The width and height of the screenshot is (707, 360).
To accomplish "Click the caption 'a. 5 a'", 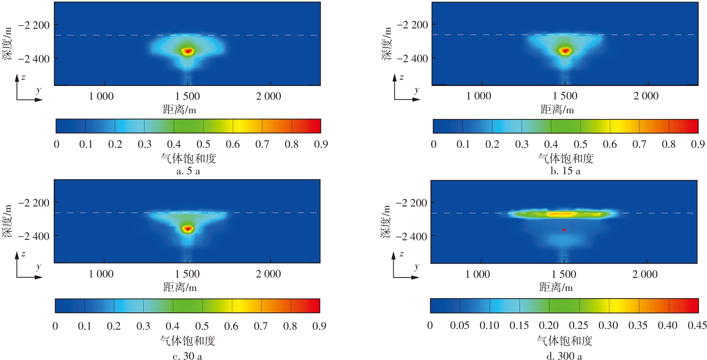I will point(188,171).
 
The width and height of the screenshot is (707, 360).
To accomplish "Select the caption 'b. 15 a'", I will point(565,171).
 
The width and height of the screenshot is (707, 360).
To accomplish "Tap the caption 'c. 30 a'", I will point(187,356).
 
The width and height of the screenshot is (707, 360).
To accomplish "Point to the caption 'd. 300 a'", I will point(564,356).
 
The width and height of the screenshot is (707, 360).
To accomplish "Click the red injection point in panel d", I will point(564,230).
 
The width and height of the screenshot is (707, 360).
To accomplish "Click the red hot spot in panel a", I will point(188,51).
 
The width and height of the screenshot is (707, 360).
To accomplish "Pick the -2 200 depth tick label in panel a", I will point(34,25).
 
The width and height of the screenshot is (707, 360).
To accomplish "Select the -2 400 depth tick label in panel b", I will point(412,59).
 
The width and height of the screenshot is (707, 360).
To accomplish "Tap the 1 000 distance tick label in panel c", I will point(101,274).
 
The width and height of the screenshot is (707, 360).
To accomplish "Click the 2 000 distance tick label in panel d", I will point(645,274).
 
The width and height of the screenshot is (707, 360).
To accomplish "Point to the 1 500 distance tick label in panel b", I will point(565,96).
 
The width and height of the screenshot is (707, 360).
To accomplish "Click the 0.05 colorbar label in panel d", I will point(460,326).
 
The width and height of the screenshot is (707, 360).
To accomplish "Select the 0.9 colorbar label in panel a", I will point(321,144).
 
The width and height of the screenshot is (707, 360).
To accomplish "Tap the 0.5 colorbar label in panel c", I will point(202,326).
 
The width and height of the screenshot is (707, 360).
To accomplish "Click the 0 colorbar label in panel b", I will point(434,144).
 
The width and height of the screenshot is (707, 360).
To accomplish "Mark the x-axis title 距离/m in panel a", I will point(179,110).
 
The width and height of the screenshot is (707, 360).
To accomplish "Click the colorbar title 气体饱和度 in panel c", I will point(187,341).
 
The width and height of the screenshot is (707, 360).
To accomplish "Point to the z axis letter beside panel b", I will point(402,78).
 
